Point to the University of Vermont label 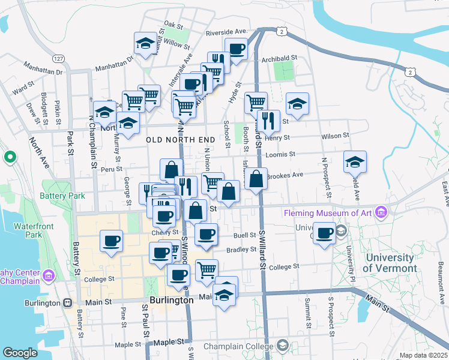coord(390,263)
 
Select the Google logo coord(20,353)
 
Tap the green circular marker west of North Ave coord(10,157)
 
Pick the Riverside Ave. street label coord(226,31)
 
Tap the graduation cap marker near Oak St coord(145,43)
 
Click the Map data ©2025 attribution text coord(423,355)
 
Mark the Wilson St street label coord(334,136)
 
